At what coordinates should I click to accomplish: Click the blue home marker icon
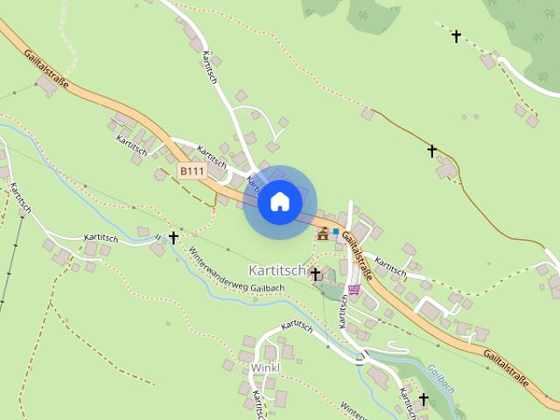279,202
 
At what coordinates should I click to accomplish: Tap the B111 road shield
191,171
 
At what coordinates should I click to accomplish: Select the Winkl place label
264,367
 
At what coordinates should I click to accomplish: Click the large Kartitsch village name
276,270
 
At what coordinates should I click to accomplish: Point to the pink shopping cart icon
353,289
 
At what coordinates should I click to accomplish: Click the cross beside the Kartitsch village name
315,274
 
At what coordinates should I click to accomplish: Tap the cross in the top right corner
456,36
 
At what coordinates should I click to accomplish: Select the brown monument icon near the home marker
324,234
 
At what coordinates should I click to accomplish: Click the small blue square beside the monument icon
335,231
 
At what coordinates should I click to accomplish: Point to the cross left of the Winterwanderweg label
173,237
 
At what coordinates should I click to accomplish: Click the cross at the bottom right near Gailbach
423,399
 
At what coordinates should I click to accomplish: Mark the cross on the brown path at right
431,151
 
